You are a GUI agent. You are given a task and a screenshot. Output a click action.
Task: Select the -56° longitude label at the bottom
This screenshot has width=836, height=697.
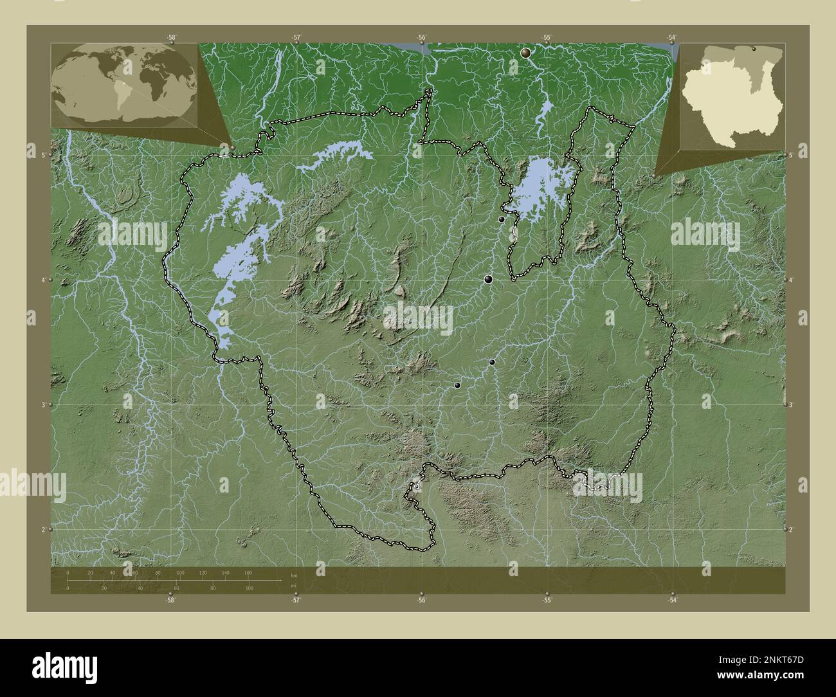(x=421, y=601)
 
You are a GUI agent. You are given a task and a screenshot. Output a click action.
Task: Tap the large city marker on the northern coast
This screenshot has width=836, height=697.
(x=527, y=53)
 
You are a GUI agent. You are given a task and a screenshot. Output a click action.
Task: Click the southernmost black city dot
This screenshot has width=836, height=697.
(x=457, y=386)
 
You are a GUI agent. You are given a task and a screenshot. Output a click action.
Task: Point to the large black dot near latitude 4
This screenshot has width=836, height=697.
(x=489, y=279)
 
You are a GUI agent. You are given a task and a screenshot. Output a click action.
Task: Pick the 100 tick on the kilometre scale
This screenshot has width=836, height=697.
(x=180, y=572)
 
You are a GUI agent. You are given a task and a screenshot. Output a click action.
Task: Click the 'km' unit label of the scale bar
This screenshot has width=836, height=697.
(x=294, y=574)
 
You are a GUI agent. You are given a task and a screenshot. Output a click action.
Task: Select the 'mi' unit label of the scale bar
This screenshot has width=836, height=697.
(x=294, y=586)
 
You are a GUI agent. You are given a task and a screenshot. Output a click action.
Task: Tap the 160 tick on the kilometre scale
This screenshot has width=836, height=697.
(x=248, y=572)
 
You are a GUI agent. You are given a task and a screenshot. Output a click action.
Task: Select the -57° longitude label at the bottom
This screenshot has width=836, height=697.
(x=296, y=601)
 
